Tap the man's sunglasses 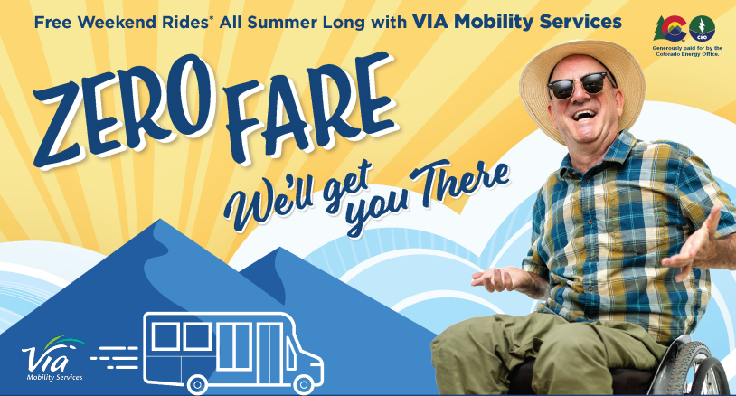coord(580,86)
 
